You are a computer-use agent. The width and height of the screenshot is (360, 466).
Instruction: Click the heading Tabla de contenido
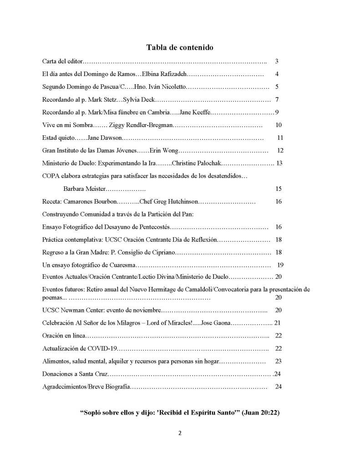coord(180,47)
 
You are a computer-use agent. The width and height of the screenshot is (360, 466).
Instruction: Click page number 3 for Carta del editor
coord(277,61)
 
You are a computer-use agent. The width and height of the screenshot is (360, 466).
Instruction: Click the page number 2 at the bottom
coord(180,433)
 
